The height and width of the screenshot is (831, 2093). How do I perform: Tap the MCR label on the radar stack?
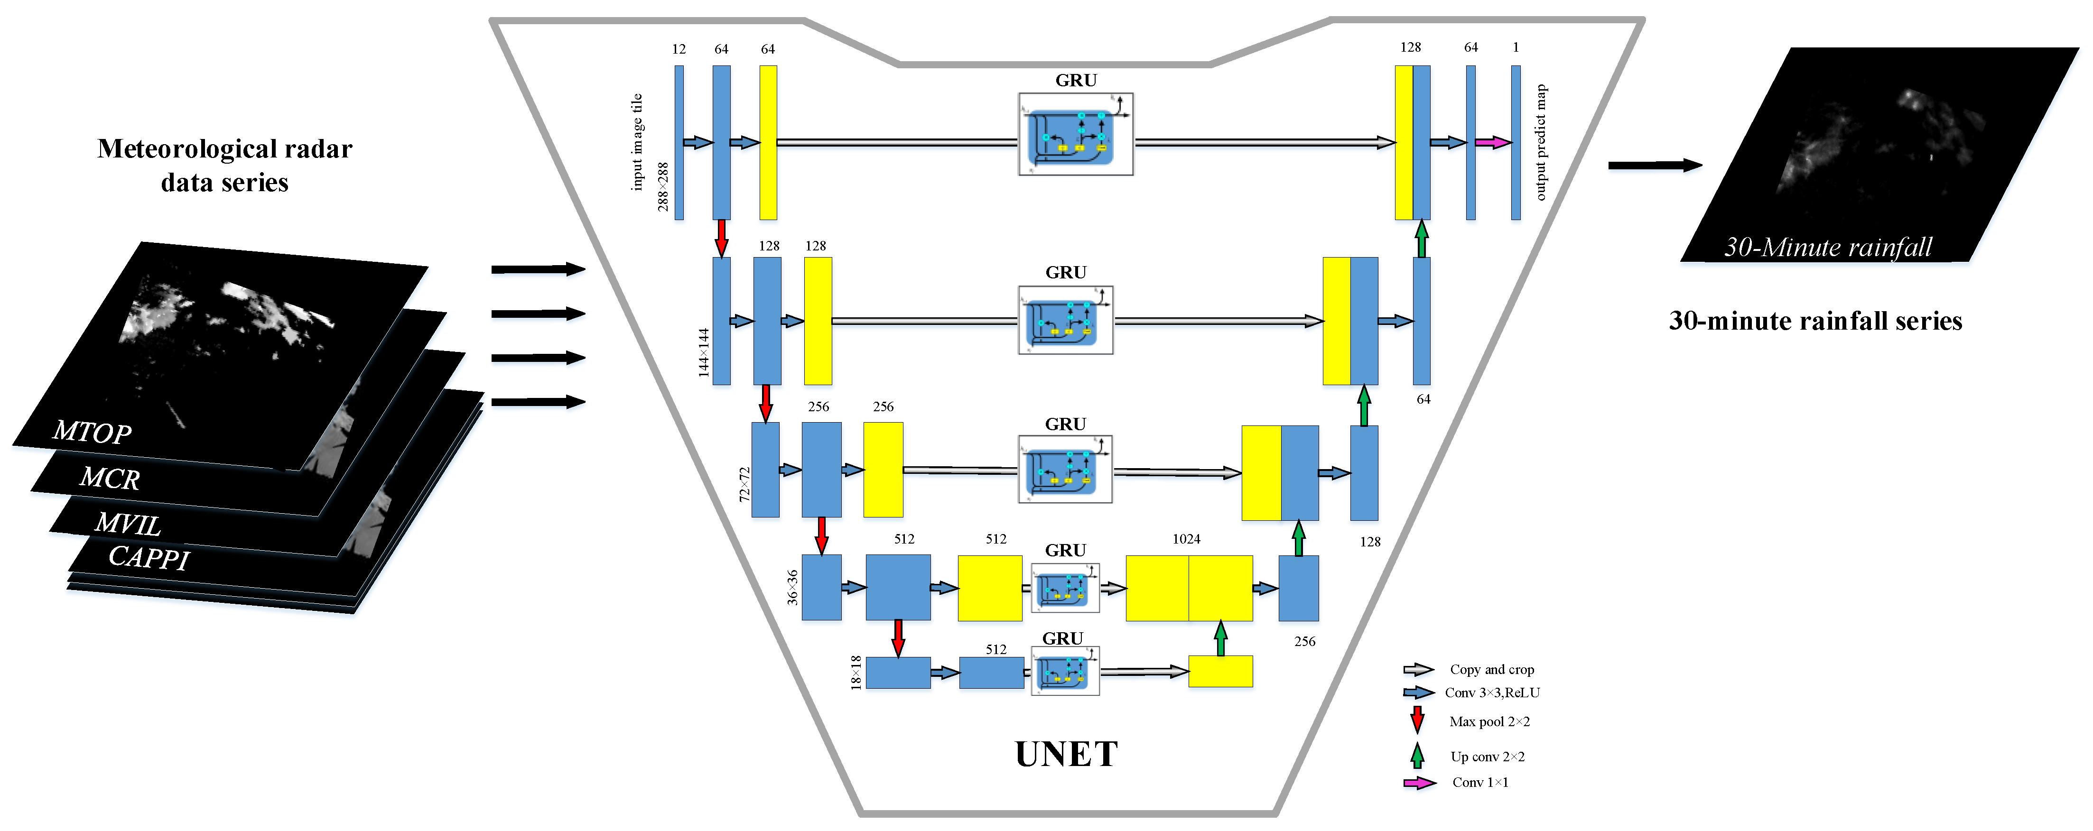(x=110, y=479)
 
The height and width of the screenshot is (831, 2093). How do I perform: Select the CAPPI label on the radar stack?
(x=149, y=558)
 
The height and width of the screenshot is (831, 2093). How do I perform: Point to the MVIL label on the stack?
(x=128, y=524)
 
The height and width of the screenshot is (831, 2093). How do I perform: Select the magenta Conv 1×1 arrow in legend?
(x=1419, y=783)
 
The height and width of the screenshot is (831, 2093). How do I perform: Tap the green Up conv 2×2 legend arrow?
(x=1417, y=756)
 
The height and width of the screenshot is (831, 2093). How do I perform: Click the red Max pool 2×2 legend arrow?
(x=1417, y=720)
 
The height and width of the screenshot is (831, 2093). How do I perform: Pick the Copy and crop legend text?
(x=1492, y=669)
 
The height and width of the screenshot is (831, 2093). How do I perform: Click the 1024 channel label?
(x=1186, y=538)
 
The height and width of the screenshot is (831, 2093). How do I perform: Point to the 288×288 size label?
(x=663, y=187)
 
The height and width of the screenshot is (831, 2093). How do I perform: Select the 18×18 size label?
(x=856, y=673)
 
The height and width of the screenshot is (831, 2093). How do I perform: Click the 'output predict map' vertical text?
(x=1541, y=142)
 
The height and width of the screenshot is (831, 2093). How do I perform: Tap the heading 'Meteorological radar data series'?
(x=224, y=165)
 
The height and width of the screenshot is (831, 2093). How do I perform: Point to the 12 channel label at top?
(x=679, y=49)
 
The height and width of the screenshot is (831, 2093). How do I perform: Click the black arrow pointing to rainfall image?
(x=1654, y=166)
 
